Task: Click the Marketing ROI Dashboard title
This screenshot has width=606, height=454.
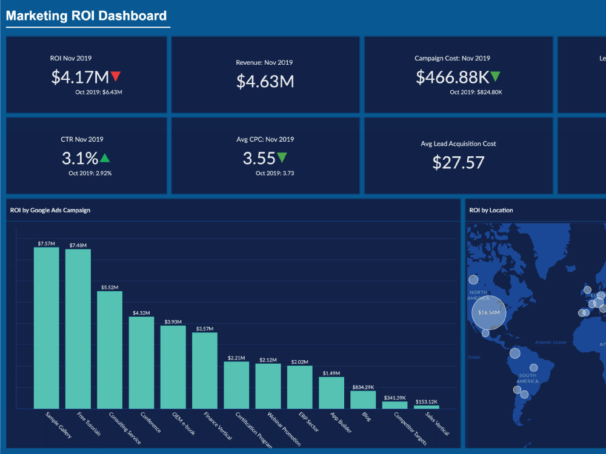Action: pos(86,16)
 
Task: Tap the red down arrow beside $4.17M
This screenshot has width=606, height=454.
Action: pos(116,76)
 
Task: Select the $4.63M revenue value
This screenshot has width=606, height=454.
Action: pos(265,81)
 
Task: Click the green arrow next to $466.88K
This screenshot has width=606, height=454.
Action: pos(495,76)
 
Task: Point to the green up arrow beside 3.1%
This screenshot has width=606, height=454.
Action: pos(105,158)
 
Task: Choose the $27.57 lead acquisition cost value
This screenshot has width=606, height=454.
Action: pos(458,162)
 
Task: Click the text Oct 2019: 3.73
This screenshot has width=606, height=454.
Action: pos(275,173)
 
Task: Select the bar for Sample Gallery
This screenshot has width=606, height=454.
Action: pos(46,327)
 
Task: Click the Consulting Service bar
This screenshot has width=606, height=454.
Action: pos(110,350)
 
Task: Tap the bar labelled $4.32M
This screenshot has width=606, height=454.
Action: pos(141,363)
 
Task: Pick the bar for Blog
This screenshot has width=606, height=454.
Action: pos(363,400)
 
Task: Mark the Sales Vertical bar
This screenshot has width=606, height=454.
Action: pos(427,407)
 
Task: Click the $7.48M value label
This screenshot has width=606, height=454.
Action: pos(78,245)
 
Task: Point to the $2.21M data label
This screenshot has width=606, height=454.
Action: pos(236,358)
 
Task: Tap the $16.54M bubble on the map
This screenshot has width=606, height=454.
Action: pos(488,312)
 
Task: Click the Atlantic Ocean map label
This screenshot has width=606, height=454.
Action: pos(550,343)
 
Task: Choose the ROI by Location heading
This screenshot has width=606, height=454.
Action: pos(491,210)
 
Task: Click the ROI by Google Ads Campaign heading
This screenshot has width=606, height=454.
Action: pos(50,210)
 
